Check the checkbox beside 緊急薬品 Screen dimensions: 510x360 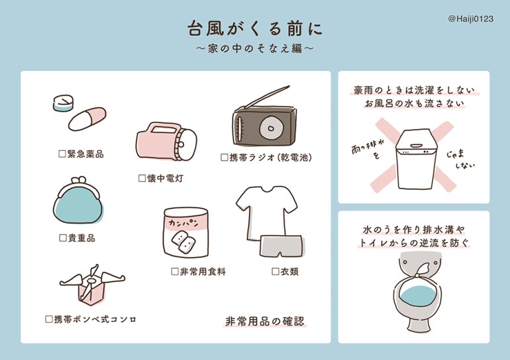[x=62, y=154]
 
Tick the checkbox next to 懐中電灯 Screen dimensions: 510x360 [x=142, y=178]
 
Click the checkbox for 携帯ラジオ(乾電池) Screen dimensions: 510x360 [x=225, y=157]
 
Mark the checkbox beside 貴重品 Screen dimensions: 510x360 [x=63, y=238]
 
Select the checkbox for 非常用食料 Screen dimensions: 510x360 [x=175, y=271]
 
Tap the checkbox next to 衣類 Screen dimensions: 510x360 [x=276, y=271]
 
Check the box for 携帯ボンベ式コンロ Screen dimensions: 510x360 [x=49, y=319]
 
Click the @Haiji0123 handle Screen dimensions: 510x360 [x=471, y=19]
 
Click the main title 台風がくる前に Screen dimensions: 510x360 [x=255, y=29]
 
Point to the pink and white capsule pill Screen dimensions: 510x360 [x=87, y=119]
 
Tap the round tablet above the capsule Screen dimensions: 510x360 [x=63, y=103]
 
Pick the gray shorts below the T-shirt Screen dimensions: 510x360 [x=281, y=246]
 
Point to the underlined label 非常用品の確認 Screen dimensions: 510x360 [x=265, y=321]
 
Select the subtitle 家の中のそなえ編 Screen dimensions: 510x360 [x=255, y=49]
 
